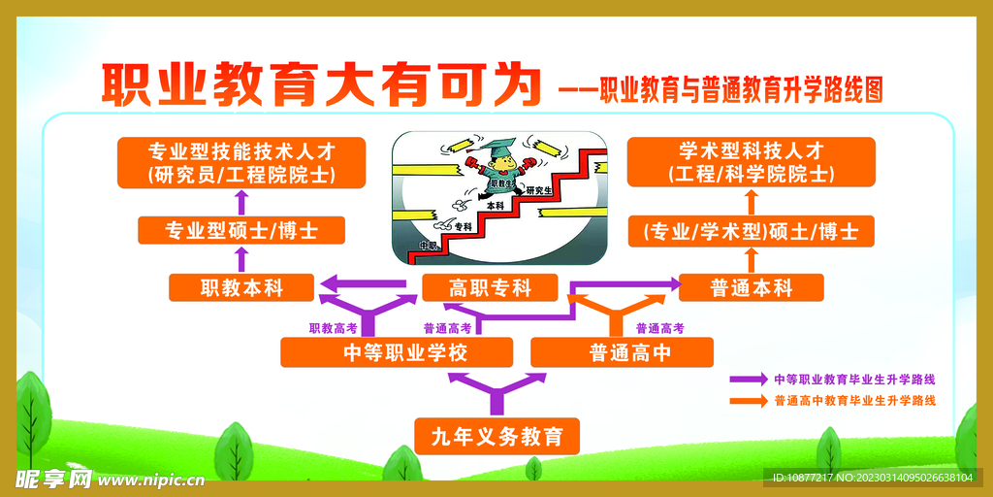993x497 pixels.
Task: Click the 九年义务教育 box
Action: pos(497,436)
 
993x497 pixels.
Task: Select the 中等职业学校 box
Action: pos(382,352)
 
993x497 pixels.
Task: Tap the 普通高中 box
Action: pos(622,352)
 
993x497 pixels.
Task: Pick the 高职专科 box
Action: pos(490,287)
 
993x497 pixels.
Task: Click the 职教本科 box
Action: pos(240,288)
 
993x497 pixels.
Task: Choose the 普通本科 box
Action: pos(751,288)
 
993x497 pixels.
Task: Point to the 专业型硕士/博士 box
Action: pos(241,231)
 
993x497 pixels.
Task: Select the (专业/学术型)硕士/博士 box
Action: pos(751,232)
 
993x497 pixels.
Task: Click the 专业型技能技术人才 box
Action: pos(241,162)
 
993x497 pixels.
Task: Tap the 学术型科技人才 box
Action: pos(751,162)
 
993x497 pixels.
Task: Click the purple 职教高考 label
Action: pos(333,328)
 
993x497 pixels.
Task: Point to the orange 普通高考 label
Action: pos(659,328)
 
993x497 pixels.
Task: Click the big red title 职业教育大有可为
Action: pos(321,85)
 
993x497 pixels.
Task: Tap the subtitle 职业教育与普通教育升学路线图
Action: pos(741,91)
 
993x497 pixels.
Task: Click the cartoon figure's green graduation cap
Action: pos(500,149)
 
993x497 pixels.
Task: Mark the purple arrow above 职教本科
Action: pos(242,259)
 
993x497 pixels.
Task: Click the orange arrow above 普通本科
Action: pos(751,259)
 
